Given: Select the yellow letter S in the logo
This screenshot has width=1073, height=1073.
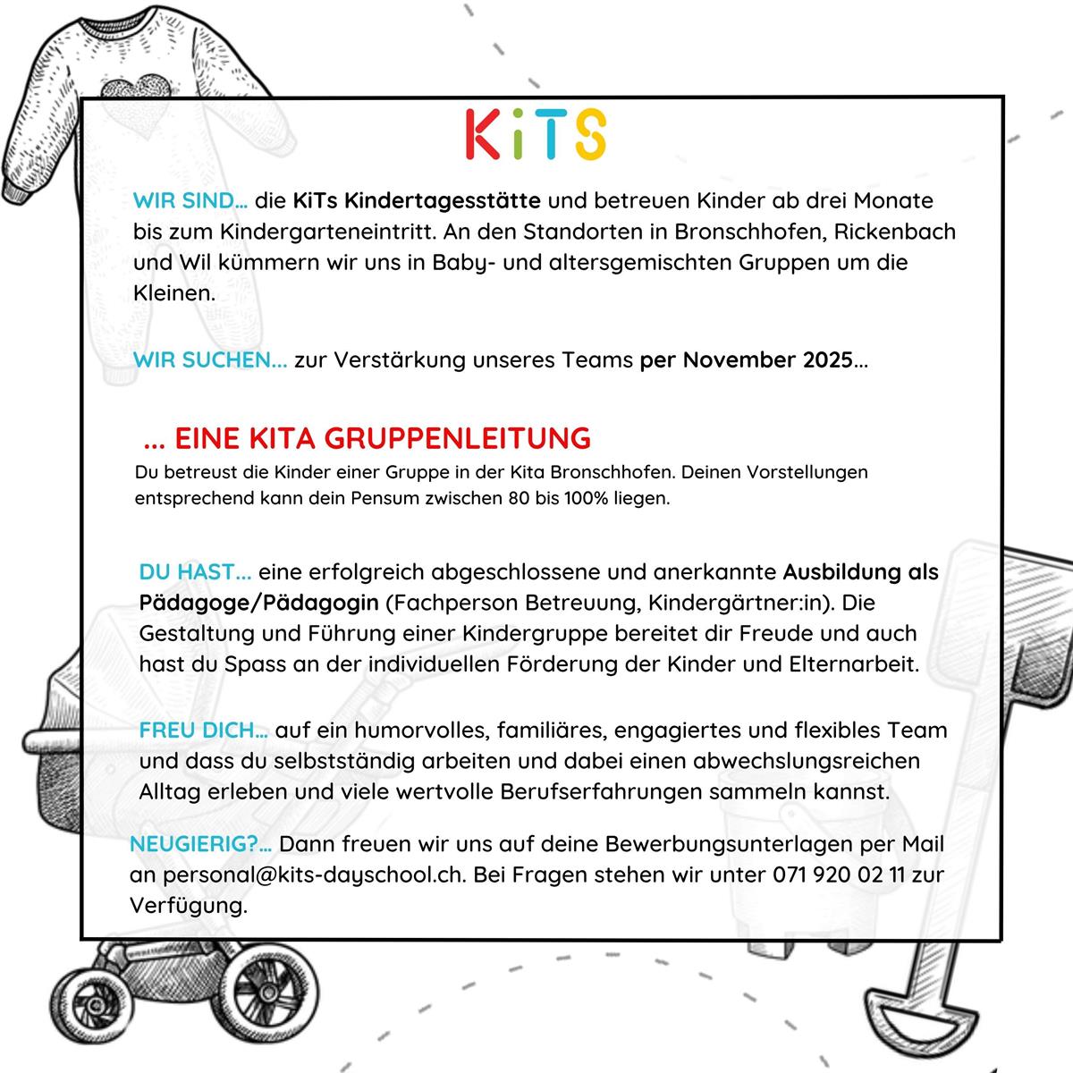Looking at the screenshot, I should coord(589,134).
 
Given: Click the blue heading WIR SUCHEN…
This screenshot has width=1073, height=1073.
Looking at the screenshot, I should coord(210,360).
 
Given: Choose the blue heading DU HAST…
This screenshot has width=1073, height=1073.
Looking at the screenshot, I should coord(195,570).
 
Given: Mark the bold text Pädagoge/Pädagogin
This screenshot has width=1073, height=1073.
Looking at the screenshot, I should coord(260,602).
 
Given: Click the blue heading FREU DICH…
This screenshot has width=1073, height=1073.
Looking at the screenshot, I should coord(203,730).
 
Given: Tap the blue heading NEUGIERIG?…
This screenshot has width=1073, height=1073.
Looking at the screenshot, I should coord(201,843).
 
